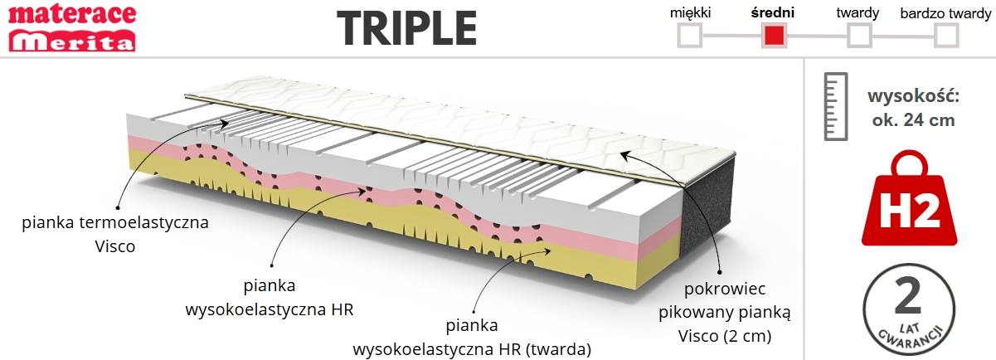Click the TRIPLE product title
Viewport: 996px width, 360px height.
(x=407, y=29)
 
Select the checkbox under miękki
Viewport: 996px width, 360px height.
(x=690, y=36)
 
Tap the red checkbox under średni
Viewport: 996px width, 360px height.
(x=775, y=36)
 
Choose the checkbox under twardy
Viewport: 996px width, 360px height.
(x=858, y=36)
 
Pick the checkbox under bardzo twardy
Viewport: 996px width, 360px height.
(x=946, y=36)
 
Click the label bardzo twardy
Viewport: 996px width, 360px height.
(x=945, y=12)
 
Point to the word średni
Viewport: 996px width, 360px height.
(x=772, y=12)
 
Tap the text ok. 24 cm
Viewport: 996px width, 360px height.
(x=913, y=120)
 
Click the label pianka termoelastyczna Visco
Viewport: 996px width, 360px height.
(x=115, y=234)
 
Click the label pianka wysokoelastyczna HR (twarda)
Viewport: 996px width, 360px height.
(x=472, y=338)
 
